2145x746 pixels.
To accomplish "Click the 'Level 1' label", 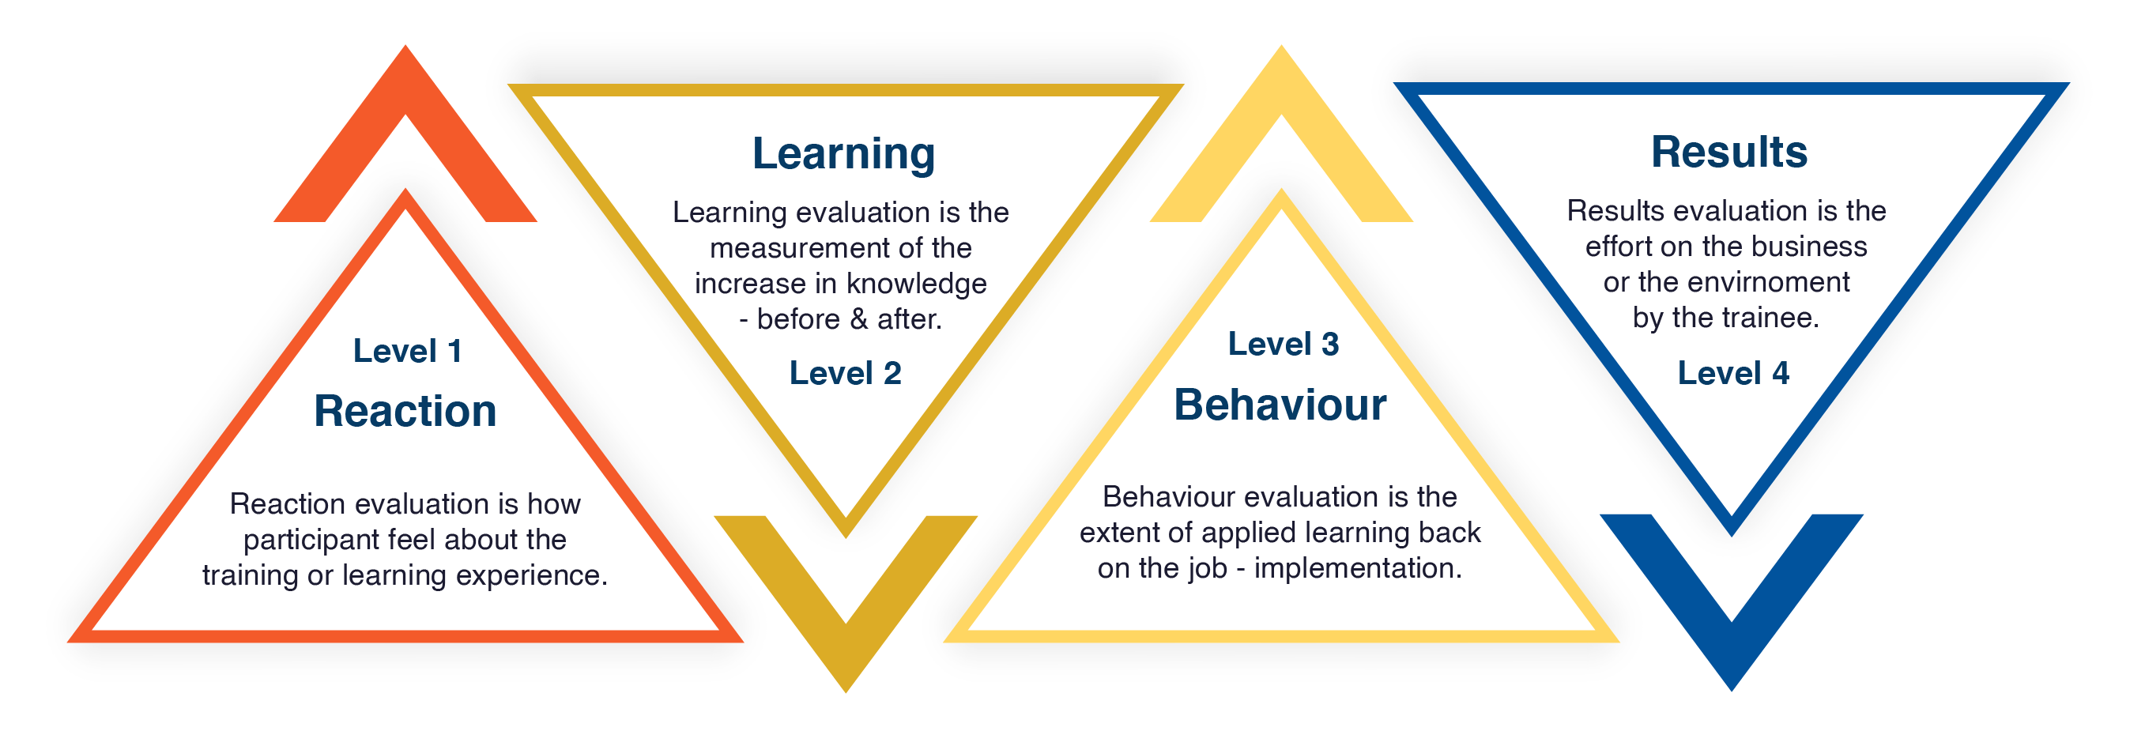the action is point(407,351).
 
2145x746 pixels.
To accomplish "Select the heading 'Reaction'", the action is point(405,410).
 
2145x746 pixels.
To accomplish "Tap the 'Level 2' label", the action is point(845,373).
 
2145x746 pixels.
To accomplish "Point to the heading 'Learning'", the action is point(843,155).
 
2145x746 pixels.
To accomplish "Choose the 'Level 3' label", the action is point(1284,344).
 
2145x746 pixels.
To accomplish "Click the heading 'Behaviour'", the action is point(1280,405).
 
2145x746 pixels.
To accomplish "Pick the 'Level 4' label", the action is point(1732,373).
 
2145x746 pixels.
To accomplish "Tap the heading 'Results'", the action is point(1728,152).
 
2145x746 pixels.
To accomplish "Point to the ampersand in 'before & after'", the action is point(858,320).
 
